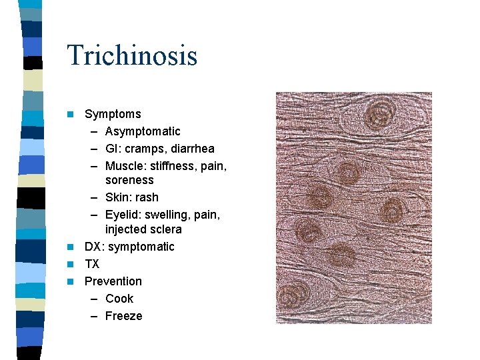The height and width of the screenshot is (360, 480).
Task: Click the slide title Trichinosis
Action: tap(132, 55)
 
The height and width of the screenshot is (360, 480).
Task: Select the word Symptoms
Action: tap(113, 114)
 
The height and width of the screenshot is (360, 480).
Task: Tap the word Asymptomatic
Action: tap(143, 131)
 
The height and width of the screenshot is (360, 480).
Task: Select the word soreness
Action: tap(129, 180)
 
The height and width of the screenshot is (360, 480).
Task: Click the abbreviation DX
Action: tap(93, 247)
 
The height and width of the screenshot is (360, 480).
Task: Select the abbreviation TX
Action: tap(92, 264)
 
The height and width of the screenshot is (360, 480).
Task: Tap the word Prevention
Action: tap(113, 281)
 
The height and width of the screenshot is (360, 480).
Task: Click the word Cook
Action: tap(119, 299)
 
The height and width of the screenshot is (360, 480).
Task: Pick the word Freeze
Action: tap(124, 316)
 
